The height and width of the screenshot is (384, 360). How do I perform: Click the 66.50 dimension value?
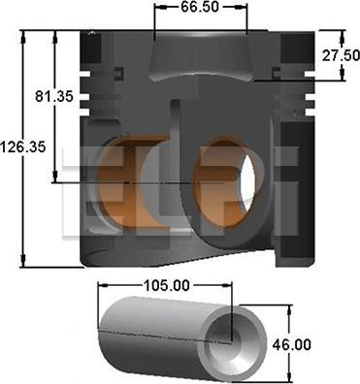click(200, 7)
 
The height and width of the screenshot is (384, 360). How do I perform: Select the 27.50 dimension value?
click(341, 55)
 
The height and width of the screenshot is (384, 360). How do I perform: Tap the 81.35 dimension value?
click(54, 96)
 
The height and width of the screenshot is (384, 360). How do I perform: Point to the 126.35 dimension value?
click(23, 147)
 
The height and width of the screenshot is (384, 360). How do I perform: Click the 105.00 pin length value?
click(167, 285)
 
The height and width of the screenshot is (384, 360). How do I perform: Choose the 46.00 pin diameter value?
click(291, 344)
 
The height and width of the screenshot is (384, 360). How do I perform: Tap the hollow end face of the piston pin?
click(232, 343)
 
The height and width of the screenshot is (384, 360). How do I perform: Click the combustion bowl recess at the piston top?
click(200, 55)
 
